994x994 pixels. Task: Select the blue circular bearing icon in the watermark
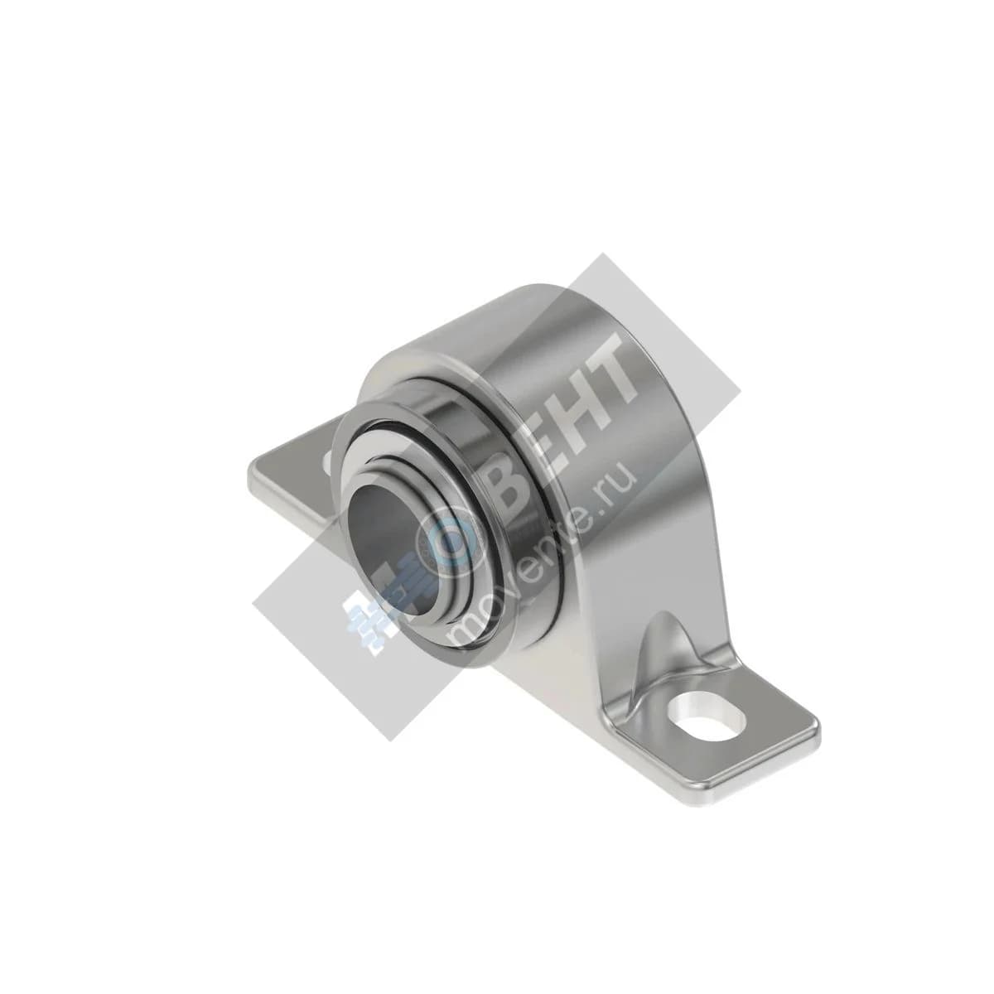[454, 542]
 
